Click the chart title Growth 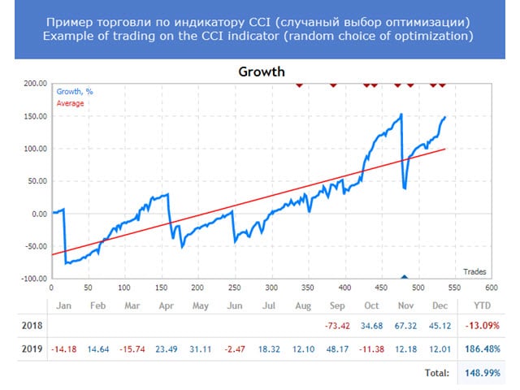coord(262,71)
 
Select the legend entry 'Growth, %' coord(75,92)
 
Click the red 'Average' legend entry coord(70,103)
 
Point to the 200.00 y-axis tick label coord(34,84)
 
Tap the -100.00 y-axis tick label coord(32,279)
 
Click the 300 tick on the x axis coord(271,287)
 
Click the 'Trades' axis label coord(475,271)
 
